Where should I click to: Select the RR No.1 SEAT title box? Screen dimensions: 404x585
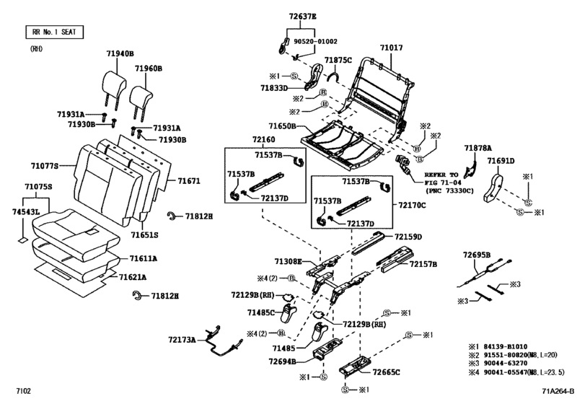point(54,32)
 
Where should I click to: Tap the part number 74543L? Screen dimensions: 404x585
point(27,212)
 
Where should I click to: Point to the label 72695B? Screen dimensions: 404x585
point(477,255)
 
